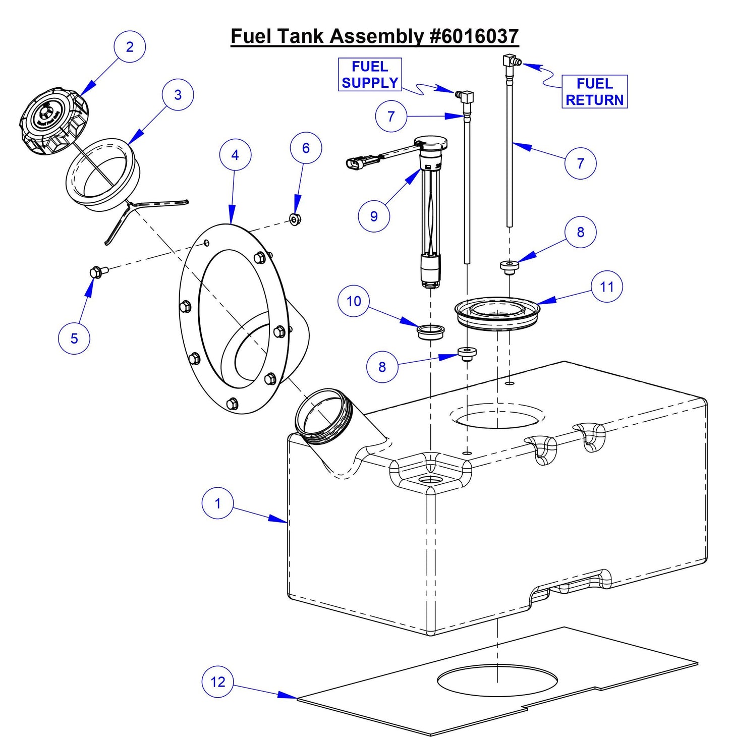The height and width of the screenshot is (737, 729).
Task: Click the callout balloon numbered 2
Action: (130, 47)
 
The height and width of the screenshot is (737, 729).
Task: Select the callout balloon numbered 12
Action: (217, 682)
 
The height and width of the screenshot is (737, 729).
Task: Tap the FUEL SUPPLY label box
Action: (370, 75)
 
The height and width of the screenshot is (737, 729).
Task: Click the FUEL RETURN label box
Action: (594, 92)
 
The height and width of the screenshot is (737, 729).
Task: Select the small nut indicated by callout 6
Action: (295, 219)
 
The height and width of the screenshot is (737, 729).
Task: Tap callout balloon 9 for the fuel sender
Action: (374, 216)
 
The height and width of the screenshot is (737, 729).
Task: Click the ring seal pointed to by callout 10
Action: (430, 332)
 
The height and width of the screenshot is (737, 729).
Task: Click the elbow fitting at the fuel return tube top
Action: (510, 62)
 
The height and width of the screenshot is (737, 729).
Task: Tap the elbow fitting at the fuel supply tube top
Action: (465, 96)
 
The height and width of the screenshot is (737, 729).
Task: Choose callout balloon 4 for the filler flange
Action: (235, 155)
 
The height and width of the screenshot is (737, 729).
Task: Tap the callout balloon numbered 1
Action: (217, 503)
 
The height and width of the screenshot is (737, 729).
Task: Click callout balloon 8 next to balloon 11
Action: (580, 233)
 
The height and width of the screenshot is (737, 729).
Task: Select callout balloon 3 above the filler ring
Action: (178, 95)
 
